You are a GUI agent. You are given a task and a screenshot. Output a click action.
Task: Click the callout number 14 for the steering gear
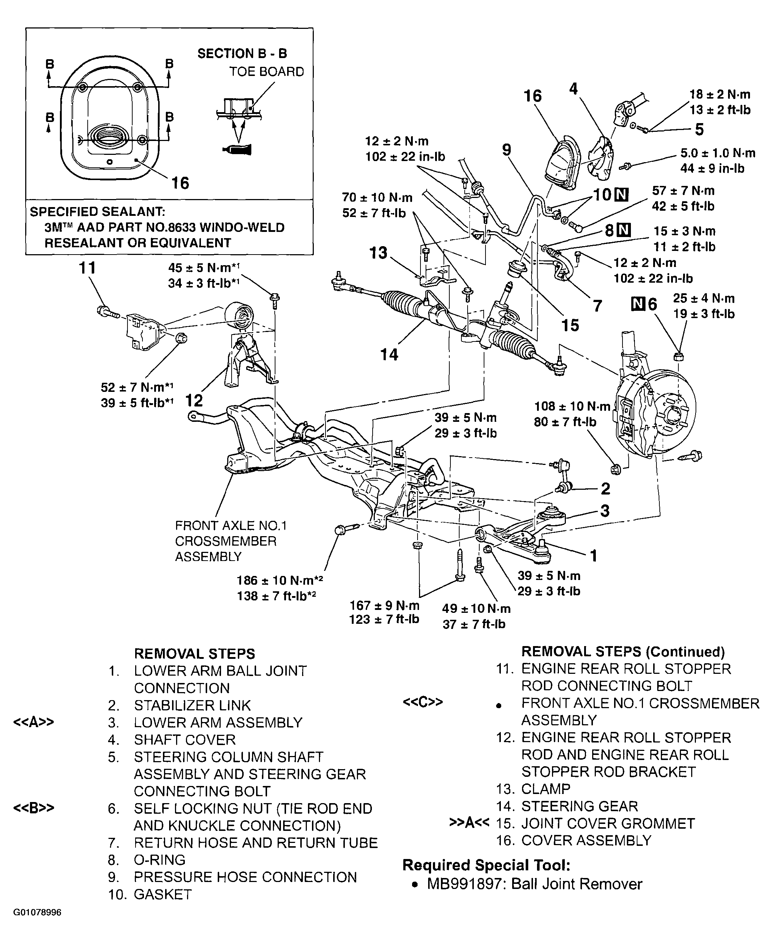389,355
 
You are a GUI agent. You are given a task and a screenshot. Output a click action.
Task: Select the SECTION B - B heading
242,54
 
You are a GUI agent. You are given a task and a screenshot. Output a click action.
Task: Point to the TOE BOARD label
266,72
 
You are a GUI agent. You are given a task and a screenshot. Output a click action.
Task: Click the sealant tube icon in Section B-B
237,150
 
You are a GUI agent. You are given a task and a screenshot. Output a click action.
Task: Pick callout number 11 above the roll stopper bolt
87,268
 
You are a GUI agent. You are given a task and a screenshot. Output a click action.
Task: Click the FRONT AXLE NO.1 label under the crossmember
231,526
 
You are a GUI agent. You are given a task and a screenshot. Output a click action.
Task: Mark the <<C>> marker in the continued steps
423,702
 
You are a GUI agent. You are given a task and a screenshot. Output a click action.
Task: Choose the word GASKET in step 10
163,894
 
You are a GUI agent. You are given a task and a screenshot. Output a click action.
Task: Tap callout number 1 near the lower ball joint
593,556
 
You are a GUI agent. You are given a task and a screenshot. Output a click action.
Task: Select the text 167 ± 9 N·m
384,605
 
